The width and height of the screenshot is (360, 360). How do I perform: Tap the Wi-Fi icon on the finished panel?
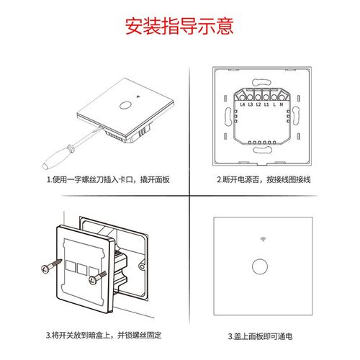(258, 238)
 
